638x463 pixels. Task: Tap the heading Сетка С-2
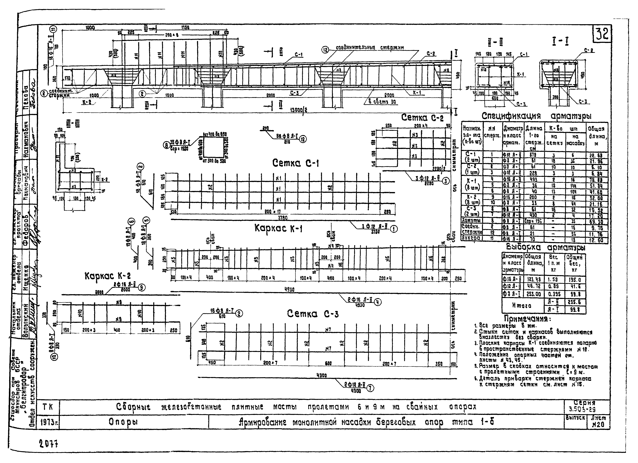point(422,118)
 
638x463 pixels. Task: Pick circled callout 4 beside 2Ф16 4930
point(378,302)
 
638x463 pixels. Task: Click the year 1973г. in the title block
point(50,422)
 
